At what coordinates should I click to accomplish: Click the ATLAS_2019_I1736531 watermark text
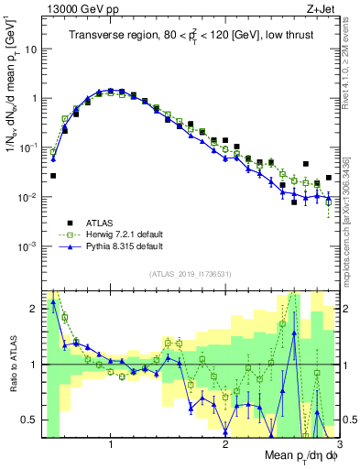[x=191, y=274]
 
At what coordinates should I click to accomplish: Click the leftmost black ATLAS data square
[x=53, y=175]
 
